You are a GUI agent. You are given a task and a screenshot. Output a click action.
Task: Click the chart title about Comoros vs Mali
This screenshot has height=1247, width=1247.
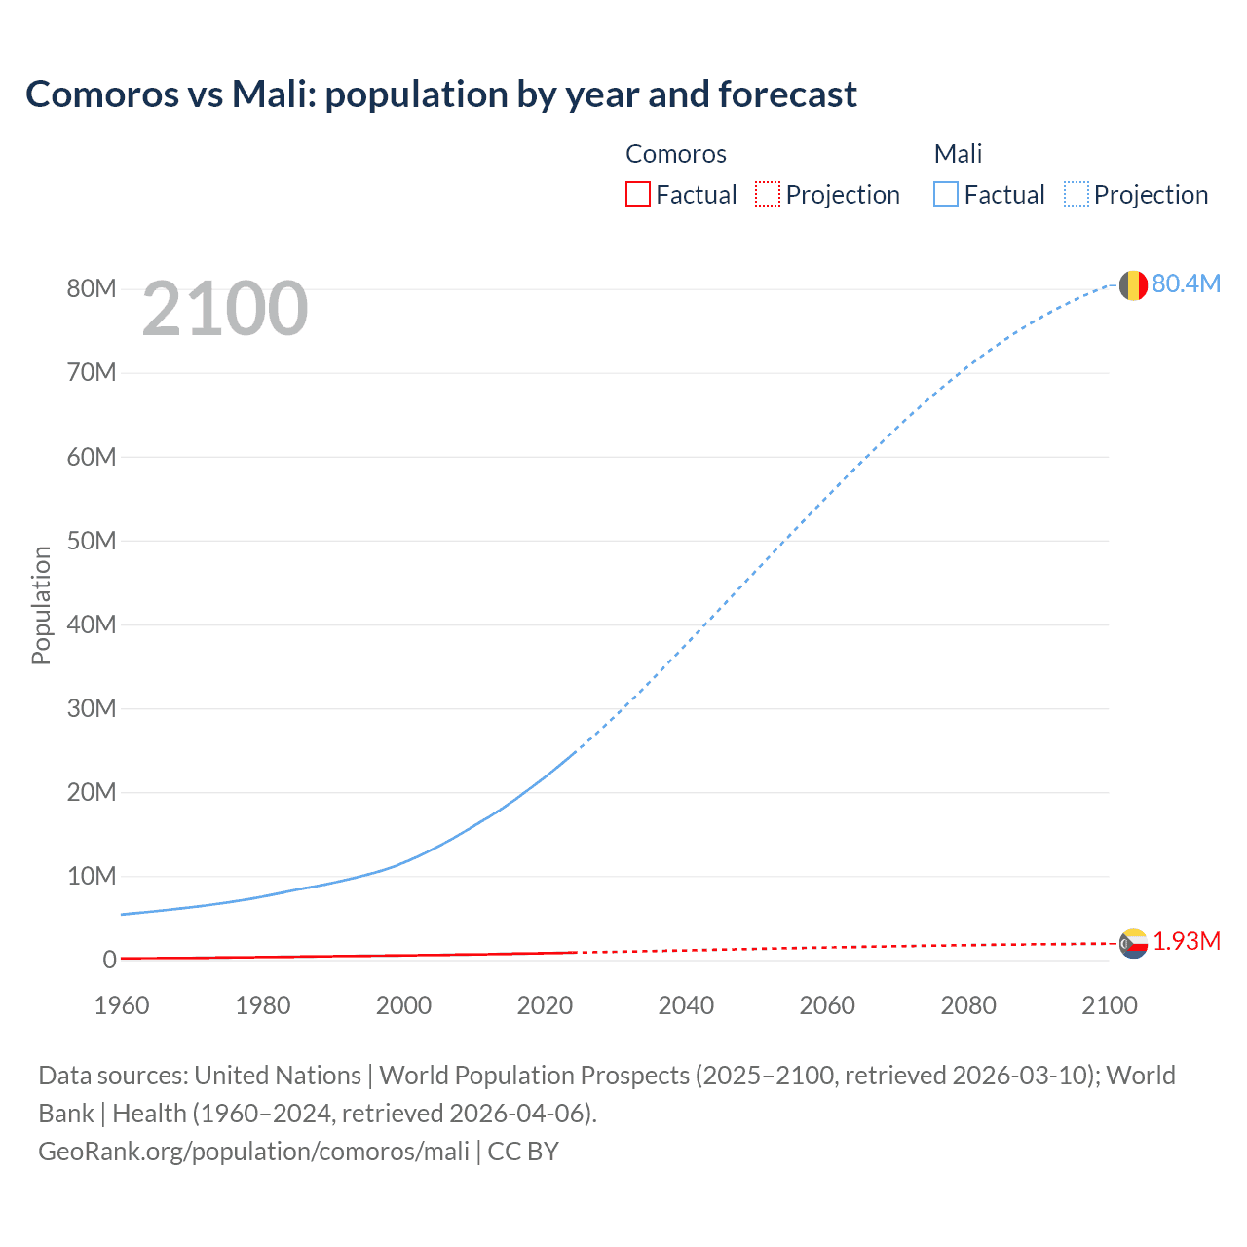[x=441, y=94]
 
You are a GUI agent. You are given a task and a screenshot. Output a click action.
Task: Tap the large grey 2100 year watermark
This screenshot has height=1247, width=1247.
[x=225, y=309]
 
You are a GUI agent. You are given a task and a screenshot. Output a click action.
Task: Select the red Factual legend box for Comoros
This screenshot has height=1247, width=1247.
[x=637, y=194]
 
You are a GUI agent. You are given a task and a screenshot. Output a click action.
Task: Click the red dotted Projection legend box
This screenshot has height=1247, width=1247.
[x=768, y=194]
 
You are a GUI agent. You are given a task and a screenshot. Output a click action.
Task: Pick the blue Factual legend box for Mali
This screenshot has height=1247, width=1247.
[x=946, y=194]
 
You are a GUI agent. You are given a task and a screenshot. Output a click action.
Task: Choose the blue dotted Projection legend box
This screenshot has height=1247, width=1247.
[x=1077, y=194]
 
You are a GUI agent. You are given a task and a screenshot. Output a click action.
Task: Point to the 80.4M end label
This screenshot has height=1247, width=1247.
[x=1186, y=283]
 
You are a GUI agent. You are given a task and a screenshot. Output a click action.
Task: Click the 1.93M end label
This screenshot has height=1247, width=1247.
[x=1187, y=941]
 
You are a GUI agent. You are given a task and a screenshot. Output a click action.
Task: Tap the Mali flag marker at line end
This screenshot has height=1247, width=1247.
[x=1133, y=285]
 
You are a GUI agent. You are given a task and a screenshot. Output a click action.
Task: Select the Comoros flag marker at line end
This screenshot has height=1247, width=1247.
[x=1133, y=943]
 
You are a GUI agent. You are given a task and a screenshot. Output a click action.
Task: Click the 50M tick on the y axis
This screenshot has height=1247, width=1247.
[x=92, y=541]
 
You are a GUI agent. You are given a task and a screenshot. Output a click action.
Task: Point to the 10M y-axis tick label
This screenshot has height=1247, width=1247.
[x=92, y=876]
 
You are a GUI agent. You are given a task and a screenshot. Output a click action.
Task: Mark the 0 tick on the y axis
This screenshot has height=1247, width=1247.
[x=109, y=960]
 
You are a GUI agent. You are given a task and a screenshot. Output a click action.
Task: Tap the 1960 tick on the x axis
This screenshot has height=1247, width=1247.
[x=122, y=1005]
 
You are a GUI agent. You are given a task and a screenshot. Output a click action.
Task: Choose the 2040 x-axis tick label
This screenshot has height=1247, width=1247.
[x=686, y=1005]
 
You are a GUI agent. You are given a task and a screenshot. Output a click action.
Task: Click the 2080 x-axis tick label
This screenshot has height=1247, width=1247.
[x=968, y=1005]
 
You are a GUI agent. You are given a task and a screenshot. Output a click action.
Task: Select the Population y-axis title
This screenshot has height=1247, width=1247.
[x=41, y=605]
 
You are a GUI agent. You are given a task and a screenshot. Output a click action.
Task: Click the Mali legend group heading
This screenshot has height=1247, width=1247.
[x=958, y=154]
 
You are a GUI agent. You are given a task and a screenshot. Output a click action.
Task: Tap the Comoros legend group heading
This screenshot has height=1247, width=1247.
[x=676, y=154]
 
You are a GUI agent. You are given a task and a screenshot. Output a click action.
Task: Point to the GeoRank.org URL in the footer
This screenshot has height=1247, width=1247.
[x=254, y=1152]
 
